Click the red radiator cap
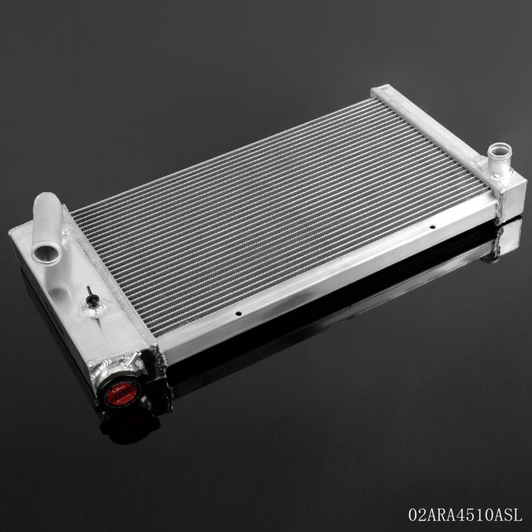coord(121,393)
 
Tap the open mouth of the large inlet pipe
coord(47,251)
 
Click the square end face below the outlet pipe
coord(510,195)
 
